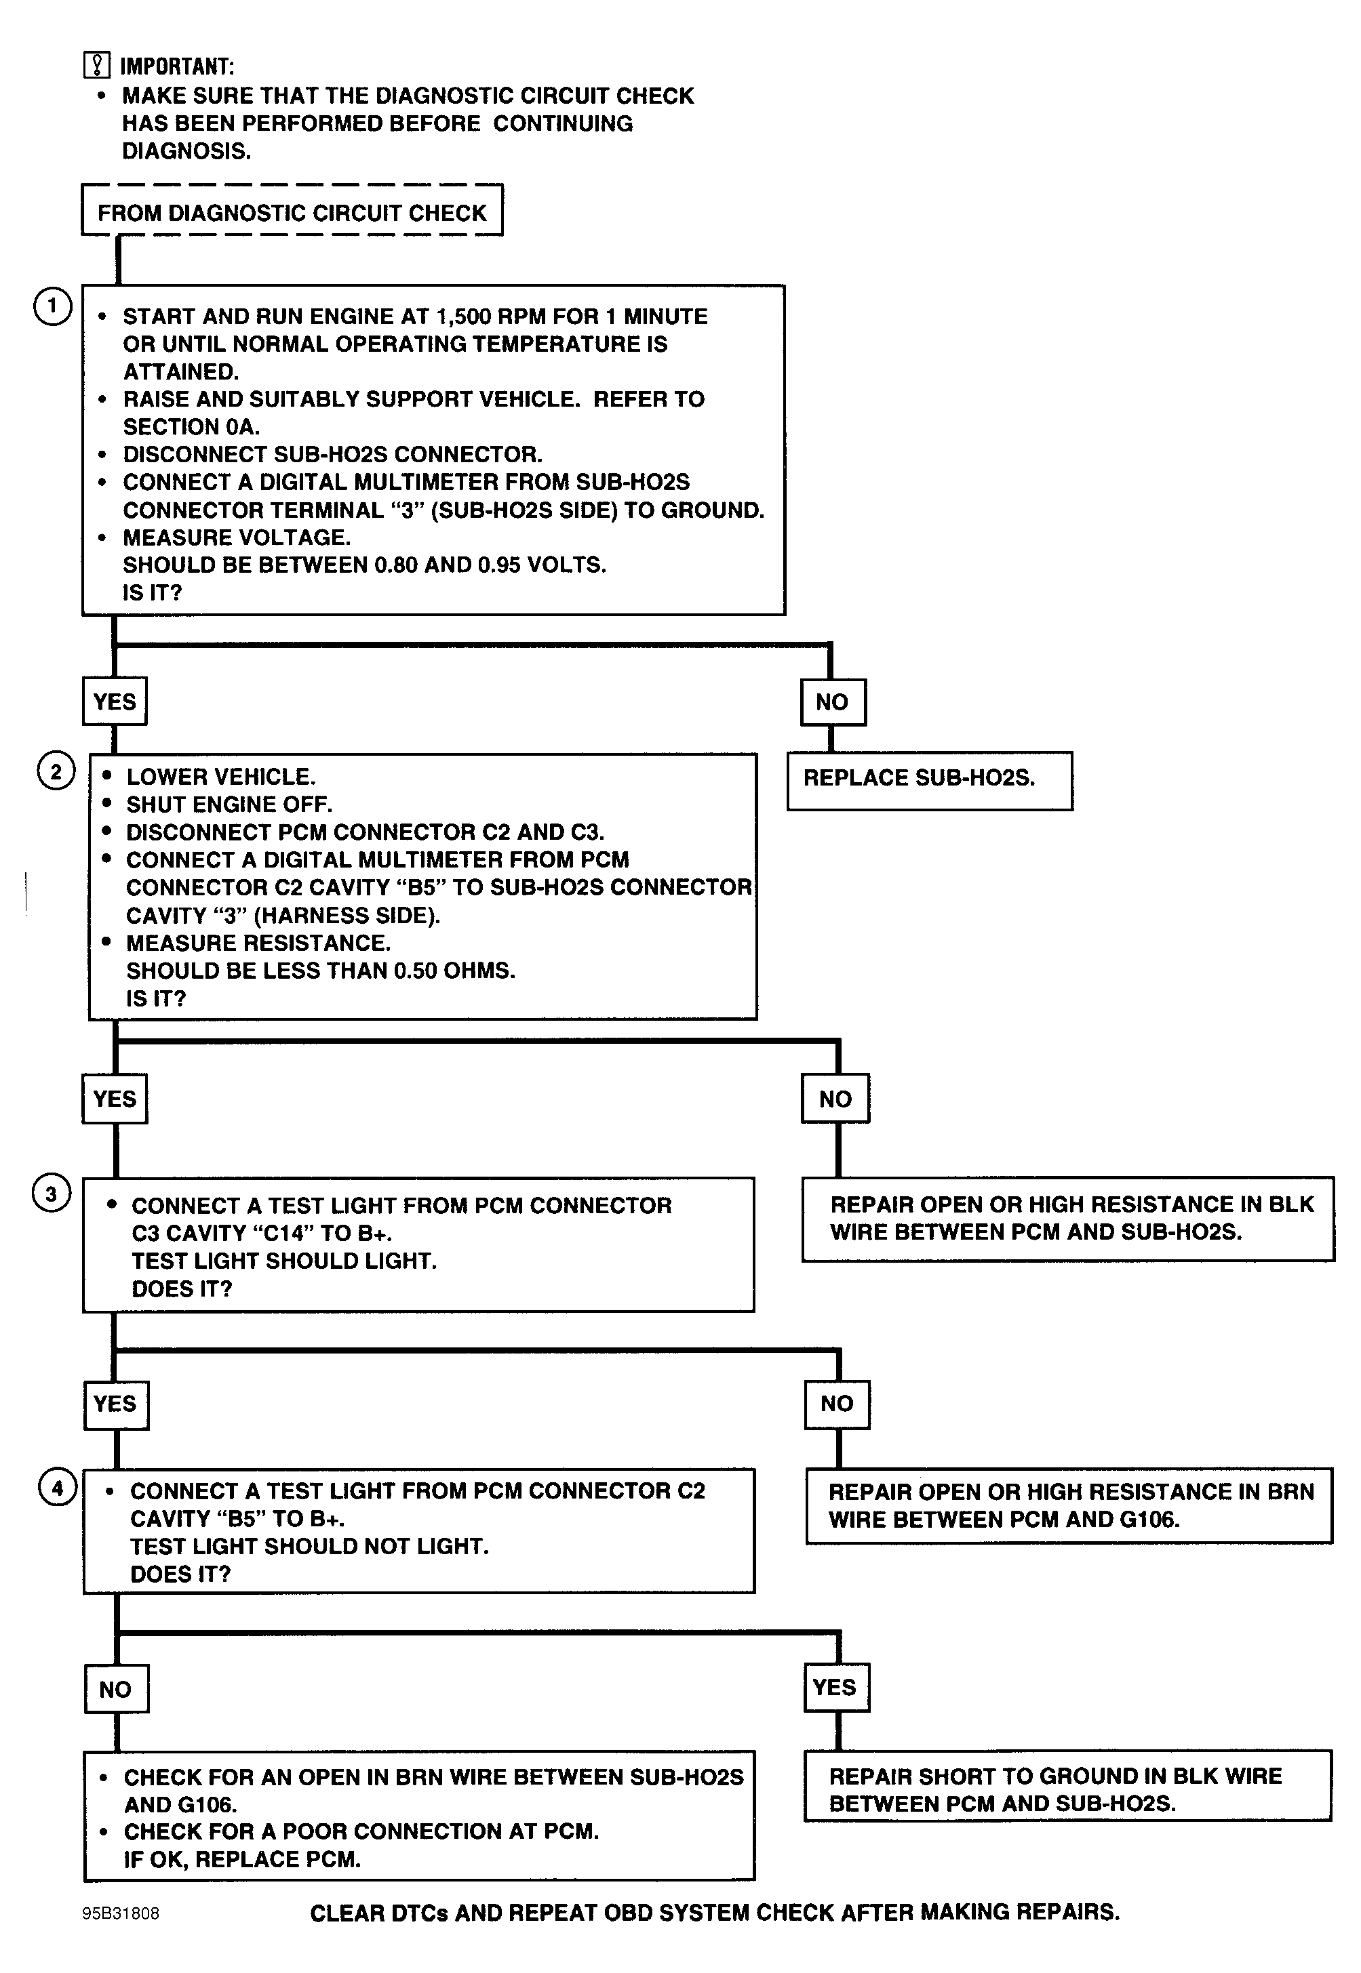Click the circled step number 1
[x=53, y=306]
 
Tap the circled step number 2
[x=56, y=771]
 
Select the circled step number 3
[x=51, y=1193]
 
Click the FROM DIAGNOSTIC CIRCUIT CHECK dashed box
[x=292, y=209]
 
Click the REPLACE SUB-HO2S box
[x=930, y=781]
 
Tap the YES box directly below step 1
[x=115, y=701]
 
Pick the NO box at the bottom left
[x=117, y=1688]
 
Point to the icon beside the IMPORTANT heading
[x=97, y=65]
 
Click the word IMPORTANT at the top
[x=176, y=66]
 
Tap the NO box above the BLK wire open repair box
[x=835, y=1099]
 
